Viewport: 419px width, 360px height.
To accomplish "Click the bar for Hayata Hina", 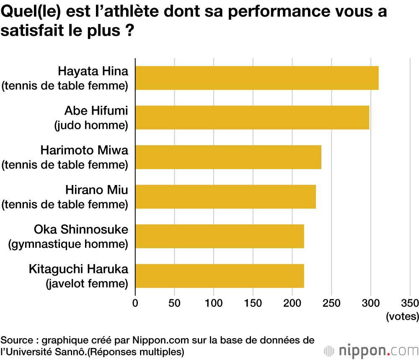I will point(257,78).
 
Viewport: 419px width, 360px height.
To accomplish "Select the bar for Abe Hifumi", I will point(252,118).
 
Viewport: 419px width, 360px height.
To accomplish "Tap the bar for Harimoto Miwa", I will point(228,157).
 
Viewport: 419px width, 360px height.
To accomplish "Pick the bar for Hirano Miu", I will point(225,197).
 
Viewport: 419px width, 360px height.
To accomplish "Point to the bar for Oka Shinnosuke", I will point(220,236).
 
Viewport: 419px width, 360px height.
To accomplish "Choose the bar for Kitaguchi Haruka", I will point(220,276).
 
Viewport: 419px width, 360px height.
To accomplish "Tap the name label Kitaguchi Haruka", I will point(78,269).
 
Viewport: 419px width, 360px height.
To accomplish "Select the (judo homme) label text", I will point(91,125).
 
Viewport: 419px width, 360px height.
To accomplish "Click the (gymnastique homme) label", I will point(68,244).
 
